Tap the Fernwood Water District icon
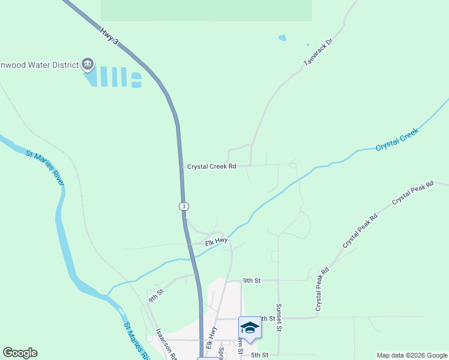[88, 64]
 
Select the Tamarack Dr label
[318, 52]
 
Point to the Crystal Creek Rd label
[211, 166]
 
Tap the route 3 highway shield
[184, 206]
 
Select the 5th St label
[259, 355]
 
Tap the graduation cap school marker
[250, 328]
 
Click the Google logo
[20, 353]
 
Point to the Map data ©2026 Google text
[412, 355]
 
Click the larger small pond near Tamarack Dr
[282, 38]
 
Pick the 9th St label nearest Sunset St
[252, 280]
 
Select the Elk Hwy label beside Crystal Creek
[216, 241]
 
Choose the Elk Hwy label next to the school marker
[211, 338]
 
